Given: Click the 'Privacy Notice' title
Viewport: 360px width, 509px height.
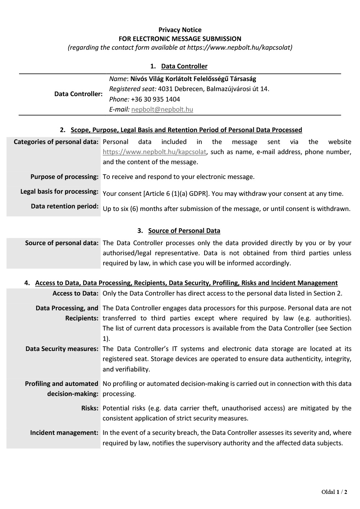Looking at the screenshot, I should point(180,30).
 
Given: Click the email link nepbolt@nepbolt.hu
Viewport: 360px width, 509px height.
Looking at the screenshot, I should point(162,109).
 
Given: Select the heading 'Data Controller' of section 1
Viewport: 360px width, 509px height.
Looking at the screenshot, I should point(184,66).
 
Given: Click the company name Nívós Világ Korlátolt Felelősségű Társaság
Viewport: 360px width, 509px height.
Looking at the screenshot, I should point(193,79).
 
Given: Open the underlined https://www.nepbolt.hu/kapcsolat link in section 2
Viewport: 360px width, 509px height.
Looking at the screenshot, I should point(154,152).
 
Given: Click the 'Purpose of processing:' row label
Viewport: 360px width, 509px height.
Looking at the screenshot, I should point(64,177).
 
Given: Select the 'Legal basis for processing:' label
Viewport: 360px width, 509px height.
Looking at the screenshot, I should point(59,192).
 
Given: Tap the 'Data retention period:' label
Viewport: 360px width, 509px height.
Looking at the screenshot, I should point(65,206).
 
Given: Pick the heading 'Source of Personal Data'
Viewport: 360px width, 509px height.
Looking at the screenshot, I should point(184,231).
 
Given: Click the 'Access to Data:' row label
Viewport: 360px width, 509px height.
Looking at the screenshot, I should point(75,293).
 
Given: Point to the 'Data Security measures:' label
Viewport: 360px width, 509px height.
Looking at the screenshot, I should point(62,349).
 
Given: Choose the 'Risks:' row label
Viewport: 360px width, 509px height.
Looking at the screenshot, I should point(90,408).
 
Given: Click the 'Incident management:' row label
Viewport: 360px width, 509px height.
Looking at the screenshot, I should point(64,433).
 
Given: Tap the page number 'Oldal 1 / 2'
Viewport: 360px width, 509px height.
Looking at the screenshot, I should point(334,492).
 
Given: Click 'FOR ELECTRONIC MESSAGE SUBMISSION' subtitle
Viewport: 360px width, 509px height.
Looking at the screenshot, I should point(180,39).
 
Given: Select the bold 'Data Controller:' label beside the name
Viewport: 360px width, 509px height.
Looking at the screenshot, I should point(78,94).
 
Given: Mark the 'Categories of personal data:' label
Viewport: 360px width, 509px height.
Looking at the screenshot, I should point(56,142).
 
